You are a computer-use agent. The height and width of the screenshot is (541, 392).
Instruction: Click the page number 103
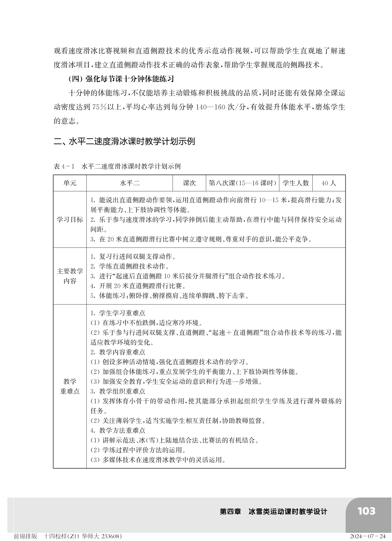tap(366, 511)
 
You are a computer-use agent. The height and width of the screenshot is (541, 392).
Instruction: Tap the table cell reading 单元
tap(70, 183)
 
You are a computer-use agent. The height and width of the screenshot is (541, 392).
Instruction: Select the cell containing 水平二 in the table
tap(130, 183)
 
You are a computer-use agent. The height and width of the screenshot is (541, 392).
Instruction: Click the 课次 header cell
tap(189, 183)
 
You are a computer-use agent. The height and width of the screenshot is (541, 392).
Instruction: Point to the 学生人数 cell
tap(296, 183)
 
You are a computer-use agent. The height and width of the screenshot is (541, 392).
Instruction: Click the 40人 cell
tap(329, 183)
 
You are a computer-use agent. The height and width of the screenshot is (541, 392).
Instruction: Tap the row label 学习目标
tap(70, 220)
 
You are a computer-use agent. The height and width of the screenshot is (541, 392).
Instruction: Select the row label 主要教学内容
tap(70, 276)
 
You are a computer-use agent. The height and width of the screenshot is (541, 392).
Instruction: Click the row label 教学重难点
tap(70, 386)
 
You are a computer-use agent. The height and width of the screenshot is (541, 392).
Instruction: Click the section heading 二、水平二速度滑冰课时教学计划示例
tap(124, 141)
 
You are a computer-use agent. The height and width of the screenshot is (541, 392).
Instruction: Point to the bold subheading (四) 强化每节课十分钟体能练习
tap(121, 79)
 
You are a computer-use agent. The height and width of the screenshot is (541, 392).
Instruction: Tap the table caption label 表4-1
tap(64, 167)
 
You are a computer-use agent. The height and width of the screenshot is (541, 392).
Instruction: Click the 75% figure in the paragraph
tap(99, 107)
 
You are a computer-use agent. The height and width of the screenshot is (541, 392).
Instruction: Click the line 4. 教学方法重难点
tap(118, 430)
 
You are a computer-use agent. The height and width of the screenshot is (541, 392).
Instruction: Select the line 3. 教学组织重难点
tap(118, 391)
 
